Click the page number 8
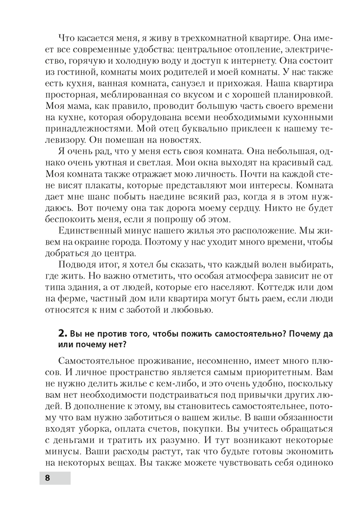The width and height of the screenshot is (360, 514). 47,478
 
